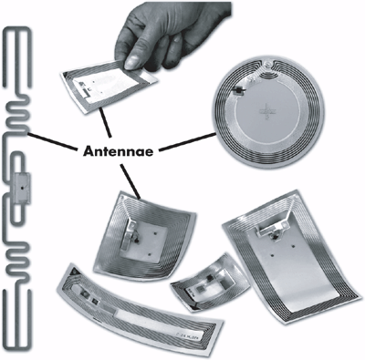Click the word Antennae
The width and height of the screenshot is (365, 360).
[118, 150]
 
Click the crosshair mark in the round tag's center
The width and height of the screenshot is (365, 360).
[264, 111]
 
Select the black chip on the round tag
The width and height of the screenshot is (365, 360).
[238, 89]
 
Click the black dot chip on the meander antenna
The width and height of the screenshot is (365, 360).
[22, 188]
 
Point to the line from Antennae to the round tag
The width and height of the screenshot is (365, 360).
[188, 141]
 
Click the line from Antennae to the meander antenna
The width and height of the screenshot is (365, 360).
[52, 141]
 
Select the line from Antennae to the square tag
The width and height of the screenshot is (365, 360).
[130, 182]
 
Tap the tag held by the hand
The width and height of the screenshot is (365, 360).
[109, 85]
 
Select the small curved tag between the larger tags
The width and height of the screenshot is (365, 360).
[211, 283]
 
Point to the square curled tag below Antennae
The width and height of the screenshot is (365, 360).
[145, 235]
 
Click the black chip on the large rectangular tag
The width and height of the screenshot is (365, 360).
[276, 236]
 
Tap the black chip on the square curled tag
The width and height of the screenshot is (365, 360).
[137, 241]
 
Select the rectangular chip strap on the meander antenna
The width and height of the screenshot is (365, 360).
[22, 189]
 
